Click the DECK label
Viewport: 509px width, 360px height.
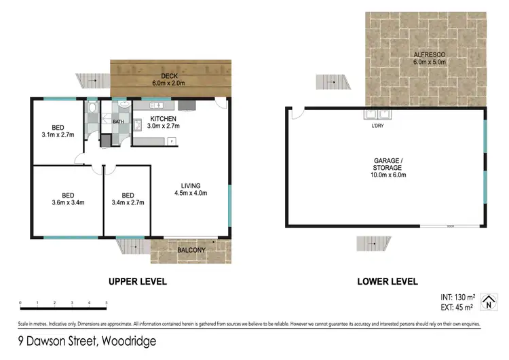pyautogui.click(x=169, y=76)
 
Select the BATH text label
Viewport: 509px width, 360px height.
pyautogui.click(x=118, y=122)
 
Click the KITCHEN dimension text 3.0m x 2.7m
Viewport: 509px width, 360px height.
pyautogui.click(x=164, y=125)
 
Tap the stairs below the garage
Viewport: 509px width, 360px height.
pyautogui.click(x=374, y=243)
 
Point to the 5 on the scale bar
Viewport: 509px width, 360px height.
pyautogui.click(x=106, y=303)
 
